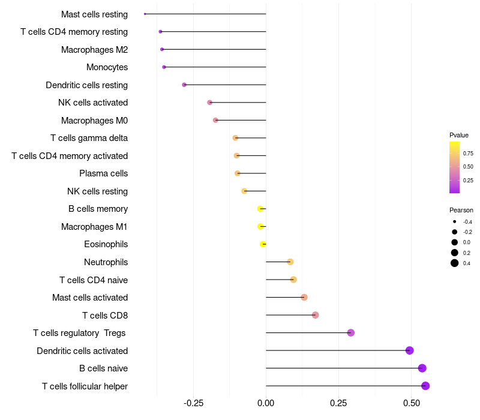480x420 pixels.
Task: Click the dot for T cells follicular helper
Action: pos(425,386)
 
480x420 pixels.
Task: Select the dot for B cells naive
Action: pos(422,368)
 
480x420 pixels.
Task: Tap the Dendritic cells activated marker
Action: pos(410,350)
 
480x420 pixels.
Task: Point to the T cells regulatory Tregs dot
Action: pos(351,333)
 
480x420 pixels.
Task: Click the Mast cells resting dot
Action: pos(145,14)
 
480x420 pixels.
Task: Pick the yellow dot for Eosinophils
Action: pos(263,244)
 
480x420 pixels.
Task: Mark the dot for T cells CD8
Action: pos(316,315)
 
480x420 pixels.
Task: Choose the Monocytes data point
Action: pos(164,67)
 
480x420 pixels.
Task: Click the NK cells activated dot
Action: pos(209,103)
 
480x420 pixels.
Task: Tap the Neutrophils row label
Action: pos(106,262)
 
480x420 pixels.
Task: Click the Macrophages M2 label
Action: pos(94,49)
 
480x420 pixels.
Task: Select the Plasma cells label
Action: pos(103,173)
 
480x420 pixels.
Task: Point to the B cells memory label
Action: pos(98,209)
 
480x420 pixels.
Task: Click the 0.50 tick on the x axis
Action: pos(411,403)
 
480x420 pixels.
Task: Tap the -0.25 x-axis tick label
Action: pos(192,403)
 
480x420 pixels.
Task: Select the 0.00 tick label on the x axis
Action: pos(266,403)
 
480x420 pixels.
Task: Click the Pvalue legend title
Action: pos(459,135)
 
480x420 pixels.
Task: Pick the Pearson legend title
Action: pos(461,210)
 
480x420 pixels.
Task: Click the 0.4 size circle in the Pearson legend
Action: pos(455,263)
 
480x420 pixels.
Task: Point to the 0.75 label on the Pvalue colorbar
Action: pos(468,154)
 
